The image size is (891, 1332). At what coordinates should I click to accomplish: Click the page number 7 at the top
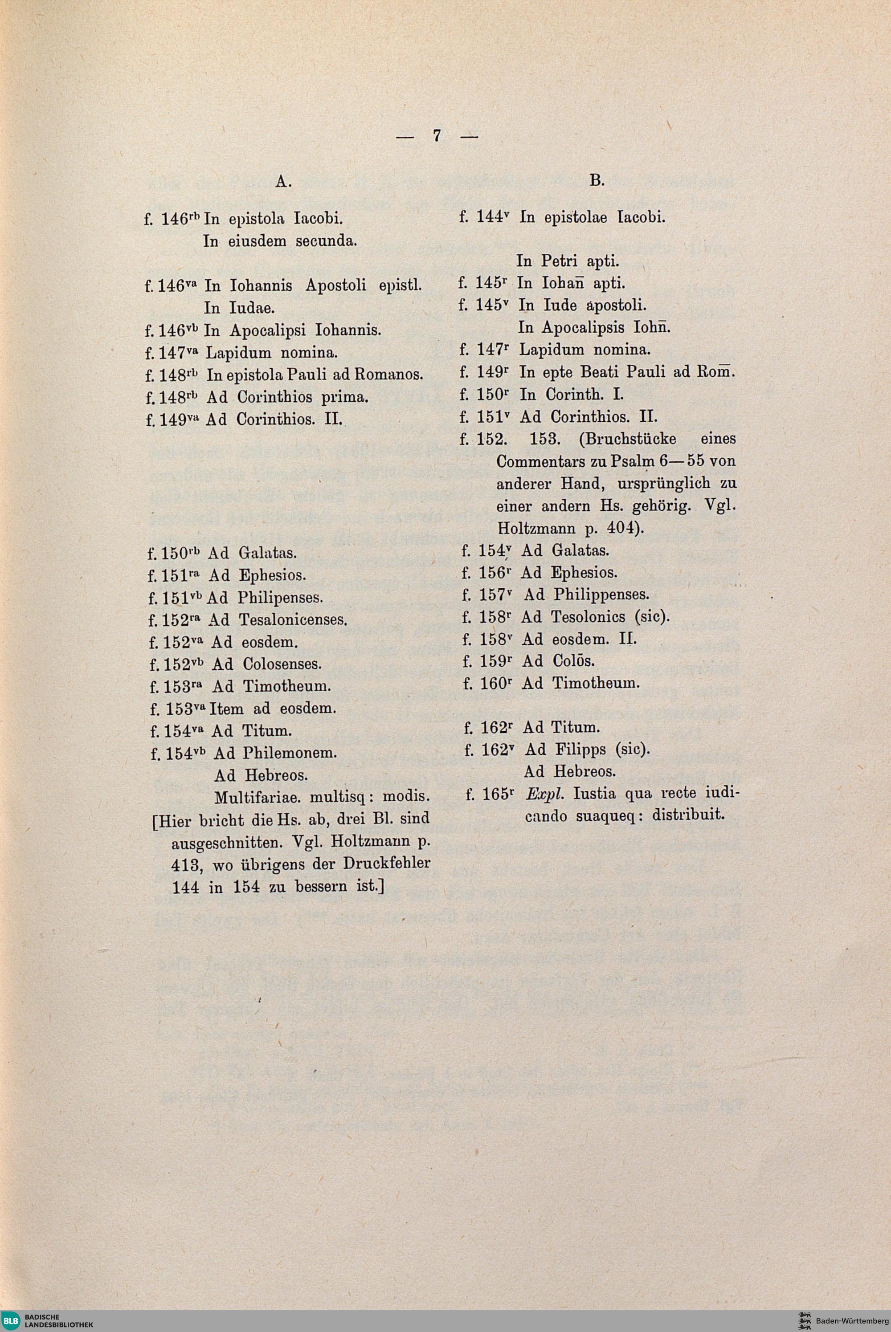(x=437, y=136)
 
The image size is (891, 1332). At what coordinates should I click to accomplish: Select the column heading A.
(x=283, y=181)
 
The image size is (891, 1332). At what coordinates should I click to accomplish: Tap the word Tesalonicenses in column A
(x=293, y=620)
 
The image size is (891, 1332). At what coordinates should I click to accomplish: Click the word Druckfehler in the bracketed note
(x=386, y=864)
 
